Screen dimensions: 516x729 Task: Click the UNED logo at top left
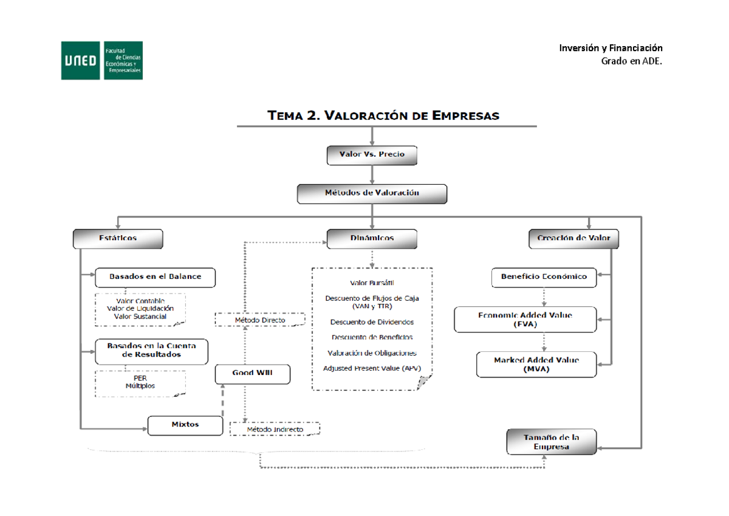point(101,60)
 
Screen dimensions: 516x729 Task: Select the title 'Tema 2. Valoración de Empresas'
point(384,115)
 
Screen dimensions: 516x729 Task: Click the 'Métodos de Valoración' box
point(372,193)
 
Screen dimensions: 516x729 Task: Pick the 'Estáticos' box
point(118,238)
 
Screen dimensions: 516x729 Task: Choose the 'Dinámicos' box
point(372,238)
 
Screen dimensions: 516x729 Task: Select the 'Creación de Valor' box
point(573,238)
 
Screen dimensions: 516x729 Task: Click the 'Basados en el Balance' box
point(156,277)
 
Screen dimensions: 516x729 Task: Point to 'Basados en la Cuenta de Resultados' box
point(152,351)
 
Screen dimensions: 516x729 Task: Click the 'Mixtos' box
point(185,425)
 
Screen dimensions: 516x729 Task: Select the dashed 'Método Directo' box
point(260,320)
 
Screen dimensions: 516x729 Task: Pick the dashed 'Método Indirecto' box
point(275,429)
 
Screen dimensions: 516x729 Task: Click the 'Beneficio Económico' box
point(544,277)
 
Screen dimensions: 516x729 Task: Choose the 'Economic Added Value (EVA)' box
point(525,320)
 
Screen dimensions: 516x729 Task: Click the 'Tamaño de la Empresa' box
point(552,442)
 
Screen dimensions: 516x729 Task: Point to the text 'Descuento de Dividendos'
point(372,322)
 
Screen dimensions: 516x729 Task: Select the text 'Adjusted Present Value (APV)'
point(372,368)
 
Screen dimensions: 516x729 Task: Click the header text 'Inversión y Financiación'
point(611,48)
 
